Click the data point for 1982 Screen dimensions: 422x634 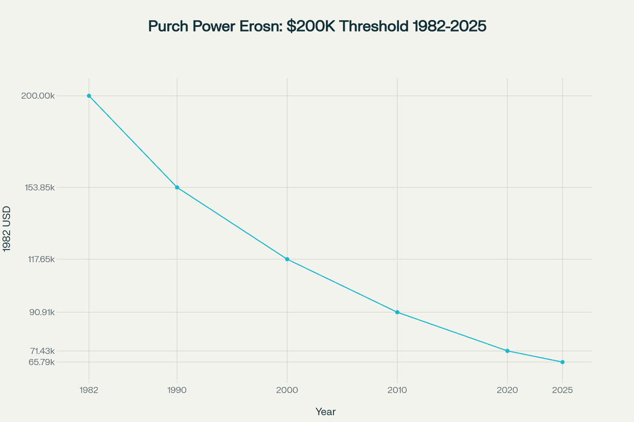click(89, 96)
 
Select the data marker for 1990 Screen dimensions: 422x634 click(177, 187)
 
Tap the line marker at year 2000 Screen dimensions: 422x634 click(287, 259)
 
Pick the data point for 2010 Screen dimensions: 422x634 click(397, 312)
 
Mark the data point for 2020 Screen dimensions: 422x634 click(507, 351)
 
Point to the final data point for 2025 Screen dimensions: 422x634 click(562, 362)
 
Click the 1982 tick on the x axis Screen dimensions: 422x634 click(89, 390)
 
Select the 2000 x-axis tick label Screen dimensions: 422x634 click(287, 390)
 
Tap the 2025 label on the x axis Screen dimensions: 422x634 click(562, 390)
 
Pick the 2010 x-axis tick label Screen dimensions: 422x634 click(397, 390)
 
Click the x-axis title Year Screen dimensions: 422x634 click(325, 411)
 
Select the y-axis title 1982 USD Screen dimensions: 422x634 click(7, 229)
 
